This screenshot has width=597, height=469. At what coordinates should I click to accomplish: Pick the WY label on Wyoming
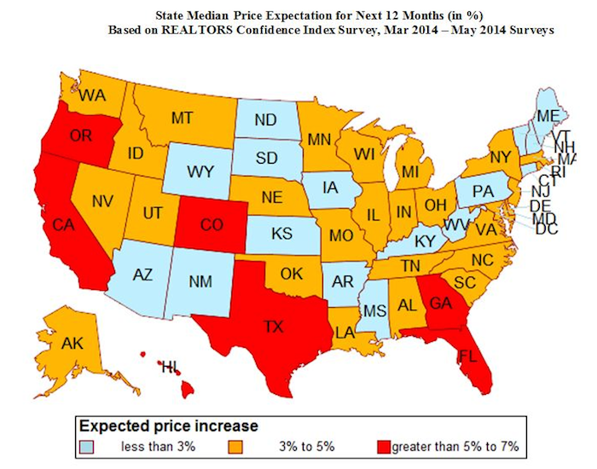200,172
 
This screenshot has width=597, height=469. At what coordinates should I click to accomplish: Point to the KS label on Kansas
279,232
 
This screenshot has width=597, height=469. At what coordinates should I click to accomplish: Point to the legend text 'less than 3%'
144,446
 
